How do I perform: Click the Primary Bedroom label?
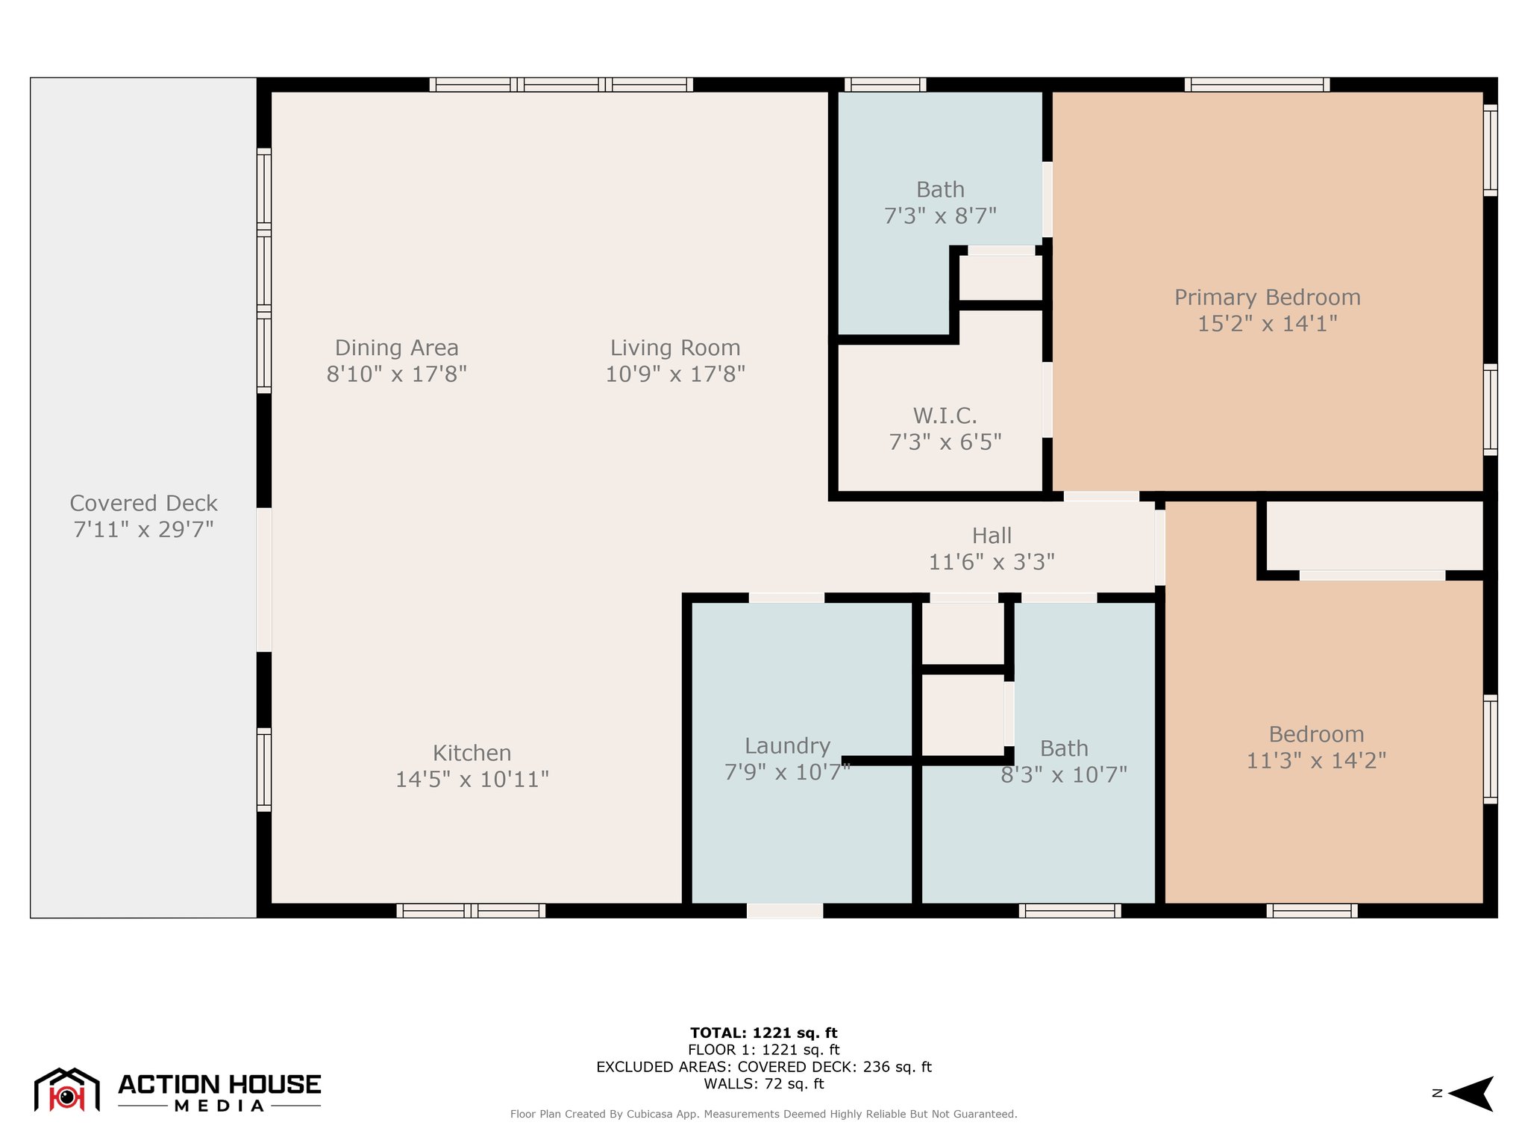(x=1267, y=298)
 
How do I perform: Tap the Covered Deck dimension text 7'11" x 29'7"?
(x=143, y=530)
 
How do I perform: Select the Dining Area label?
(x=396, y=348)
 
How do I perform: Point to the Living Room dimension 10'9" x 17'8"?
(x=675, y=374)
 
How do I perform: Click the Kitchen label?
(x=472, y=753)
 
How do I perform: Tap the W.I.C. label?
(x=945, y=416)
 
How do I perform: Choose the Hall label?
(x=992, y=536)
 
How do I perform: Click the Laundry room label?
(x=787, y=746)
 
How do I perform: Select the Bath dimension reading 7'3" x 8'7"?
(x=940, y=216)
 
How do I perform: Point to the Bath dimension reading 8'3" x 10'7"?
(x=1064, y=775)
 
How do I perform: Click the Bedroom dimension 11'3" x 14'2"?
(x=1316, y=761)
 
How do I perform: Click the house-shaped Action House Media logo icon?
(x=67, y=1090)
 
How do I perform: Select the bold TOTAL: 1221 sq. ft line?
(x=763, y=1033)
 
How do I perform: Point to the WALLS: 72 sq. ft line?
(x=763, y=1084)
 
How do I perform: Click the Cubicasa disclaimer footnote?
(x=763, y=1114)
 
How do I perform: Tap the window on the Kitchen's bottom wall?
(x=471, y=910)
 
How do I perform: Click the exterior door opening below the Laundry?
(x=785, y=910)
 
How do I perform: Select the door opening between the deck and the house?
(x=263, y=580)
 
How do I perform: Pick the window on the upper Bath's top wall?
(x=885, y=84)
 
